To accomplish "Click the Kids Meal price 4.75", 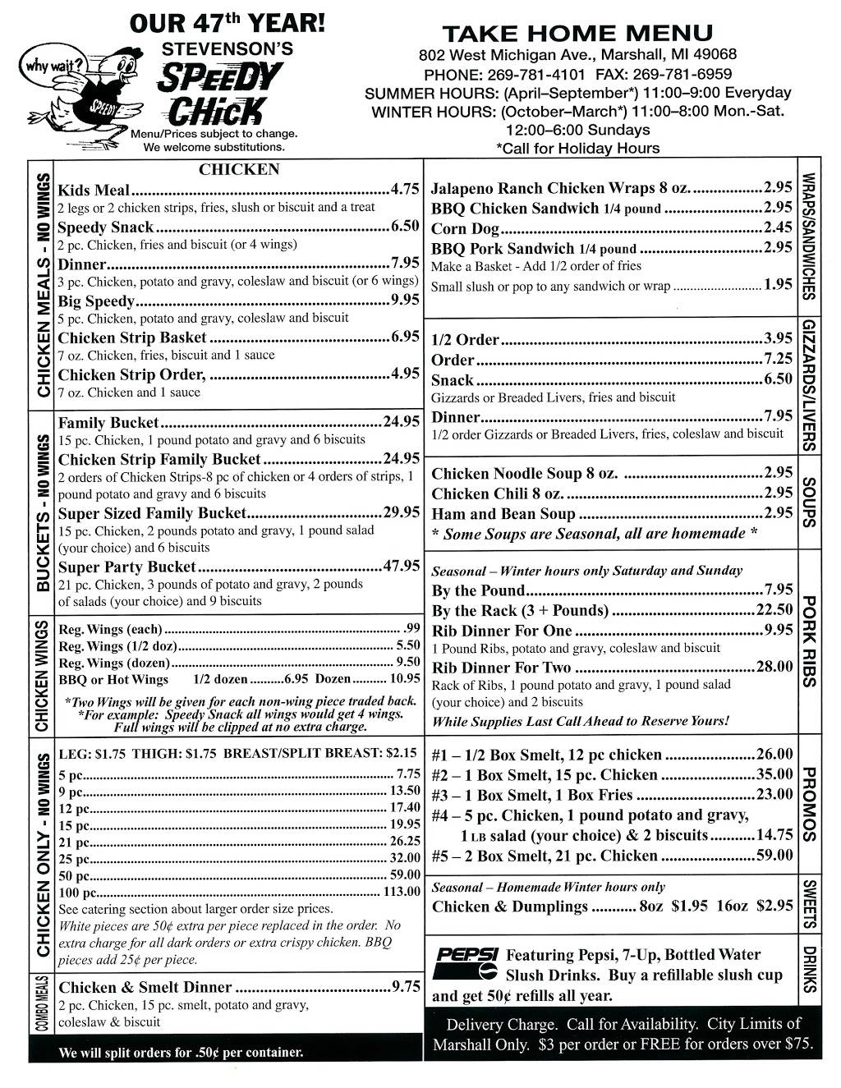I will (406, 189).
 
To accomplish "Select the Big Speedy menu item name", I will (96, 301).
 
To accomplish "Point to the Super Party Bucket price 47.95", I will (402, 567).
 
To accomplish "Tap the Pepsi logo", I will (465, 964).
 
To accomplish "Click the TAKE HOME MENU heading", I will (577, 34).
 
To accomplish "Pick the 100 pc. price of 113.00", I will (402, 892).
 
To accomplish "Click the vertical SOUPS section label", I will (808, 502).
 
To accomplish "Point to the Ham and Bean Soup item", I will (503, 515).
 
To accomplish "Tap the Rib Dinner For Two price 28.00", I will (774, 667).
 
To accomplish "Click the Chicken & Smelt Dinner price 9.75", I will (406, 987).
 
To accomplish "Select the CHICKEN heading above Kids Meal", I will (239, 170).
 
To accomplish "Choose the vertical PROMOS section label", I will (808, 805).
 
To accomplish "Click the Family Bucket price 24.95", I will (402, 422).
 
